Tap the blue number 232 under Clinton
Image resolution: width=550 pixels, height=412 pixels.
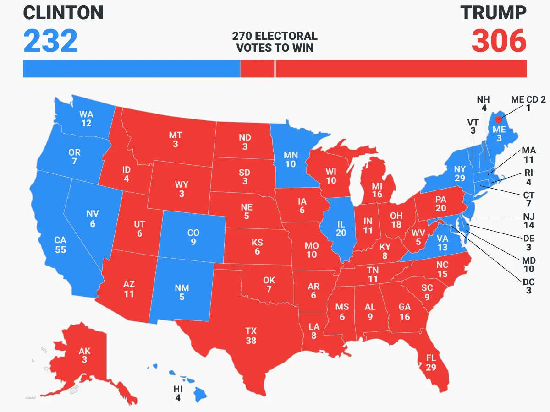(50, 41)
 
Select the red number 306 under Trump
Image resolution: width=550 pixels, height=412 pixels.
(499, 41)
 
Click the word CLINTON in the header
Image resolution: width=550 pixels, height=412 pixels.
(63, 13)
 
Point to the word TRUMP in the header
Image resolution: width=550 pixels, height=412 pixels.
(493, 13)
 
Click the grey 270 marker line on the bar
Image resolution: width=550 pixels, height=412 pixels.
(275, 69)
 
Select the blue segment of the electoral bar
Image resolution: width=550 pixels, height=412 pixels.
(132, 69)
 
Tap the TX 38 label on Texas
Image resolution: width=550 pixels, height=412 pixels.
(251, 336)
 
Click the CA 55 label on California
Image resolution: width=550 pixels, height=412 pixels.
(60, 245)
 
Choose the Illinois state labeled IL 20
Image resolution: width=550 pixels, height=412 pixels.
(341, 227)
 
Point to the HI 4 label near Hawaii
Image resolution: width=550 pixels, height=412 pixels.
(178, 393)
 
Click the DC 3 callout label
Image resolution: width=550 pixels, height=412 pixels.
(528, 286)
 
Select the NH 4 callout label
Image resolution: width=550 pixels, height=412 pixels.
(484, 104)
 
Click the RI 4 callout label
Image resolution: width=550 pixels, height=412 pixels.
(528, 178)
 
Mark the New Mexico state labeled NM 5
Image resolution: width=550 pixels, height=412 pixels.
(182, 293)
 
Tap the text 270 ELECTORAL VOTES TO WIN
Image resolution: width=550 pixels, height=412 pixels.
(275, 42)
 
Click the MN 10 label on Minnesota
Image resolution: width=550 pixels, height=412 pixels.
(291, 159)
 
